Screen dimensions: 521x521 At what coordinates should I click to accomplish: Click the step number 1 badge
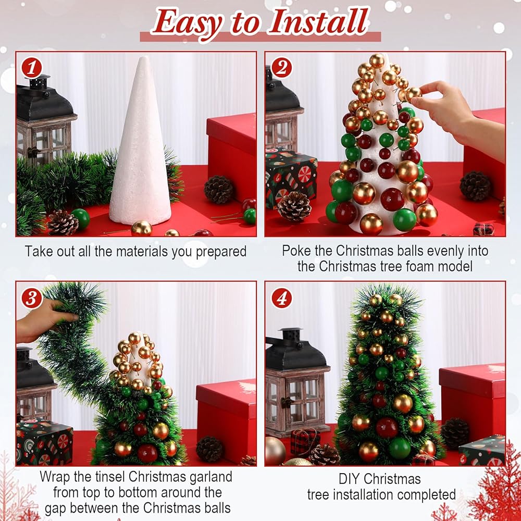coord(32,68)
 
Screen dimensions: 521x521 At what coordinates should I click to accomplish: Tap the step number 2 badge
coord(281,68)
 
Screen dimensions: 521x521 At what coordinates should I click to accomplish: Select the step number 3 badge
coord(32,298)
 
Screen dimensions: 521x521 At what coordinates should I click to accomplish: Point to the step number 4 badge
coord(282,298)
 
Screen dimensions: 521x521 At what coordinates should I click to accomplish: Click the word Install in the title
coord(319,22)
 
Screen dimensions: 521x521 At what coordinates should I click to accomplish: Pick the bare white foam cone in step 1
coord(140,141)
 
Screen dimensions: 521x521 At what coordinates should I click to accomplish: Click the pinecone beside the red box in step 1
coord(219,190)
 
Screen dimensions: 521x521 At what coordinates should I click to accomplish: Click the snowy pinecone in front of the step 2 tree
coord(294,206)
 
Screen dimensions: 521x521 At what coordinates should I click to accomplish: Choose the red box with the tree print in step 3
coord(226,419)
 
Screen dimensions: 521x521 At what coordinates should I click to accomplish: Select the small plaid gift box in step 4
coord(305,442)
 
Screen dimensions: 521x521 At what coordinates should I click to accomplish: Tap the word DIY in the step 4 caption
coord(350,479)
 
